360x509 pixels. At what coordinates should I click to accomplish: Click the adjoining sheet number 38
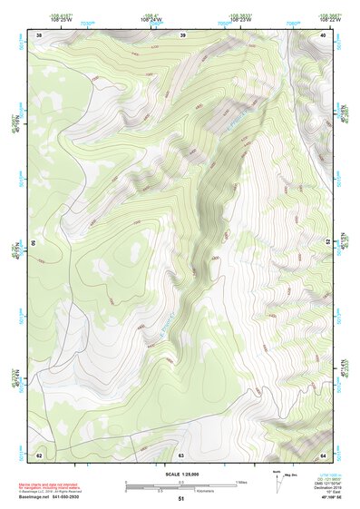click(x=39, y=34)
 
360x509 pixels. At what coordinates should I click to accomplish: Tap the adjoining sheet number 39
click(x=182, y=34)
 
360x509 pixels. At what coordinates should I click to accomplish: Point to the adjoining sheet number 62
click(x=39, y=454)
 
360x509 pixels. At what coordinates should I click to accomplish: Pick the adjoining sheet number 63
click(x=181, y=454)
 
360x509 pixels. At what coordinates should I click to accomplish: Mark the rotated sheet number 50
click(x=34, y=243)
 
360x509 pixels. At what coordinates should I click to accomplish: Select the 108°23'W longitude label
click(x=240, y=19)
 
